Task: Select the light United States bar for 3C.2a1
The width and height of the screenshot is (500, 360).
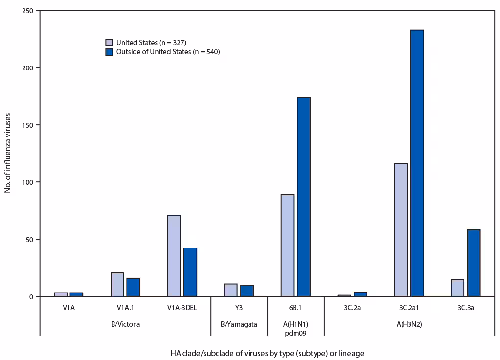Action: coord(401,230)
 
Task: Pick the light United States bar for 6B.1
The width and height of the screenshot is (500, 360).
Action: coord(288,245)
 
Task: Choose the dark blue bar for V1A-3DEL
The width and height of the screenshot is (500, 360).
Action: coord(190,272)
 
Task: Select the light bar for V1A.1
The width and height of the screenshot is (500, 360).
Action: coord(117,284)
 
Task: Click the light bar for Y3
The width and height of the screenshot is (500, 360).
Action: coord(231,290)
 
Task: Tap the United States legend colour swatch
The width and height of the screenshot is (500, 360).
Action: coord(110,43)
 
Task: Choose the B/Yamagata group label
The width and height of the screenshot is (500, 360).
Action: coord(239,324)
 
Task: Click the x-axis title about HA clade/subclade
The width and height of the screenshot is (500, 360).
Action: coord(267,353)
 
